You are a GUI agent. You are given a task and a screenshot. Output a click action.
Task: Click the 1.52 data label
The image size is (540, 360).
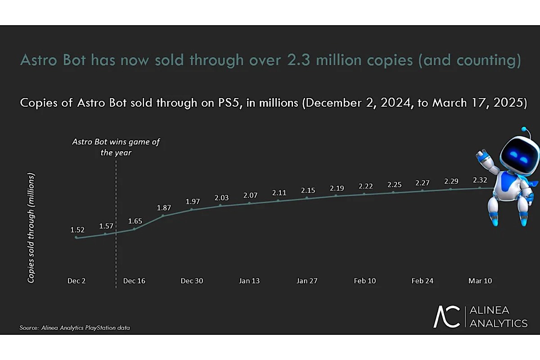pyautogui.click(x=77, y=229)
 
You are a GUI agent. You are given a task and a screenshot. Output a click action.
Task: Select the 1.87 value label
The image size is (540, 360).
pyautogui.click(x=164, y=208)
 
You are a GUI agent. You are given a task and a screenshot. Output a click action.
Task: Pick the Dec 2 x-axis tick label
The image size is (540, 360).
pyautogui.click(x=76, y=281)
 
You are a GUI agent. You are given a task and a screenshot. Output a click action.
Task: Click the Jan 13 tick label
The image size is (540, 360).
pyautogui.click(x=249, y=281)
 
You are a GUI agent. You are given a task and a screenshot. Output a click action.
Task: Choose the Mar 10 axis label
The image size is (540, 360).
pyautogui.click(x=480, y=281)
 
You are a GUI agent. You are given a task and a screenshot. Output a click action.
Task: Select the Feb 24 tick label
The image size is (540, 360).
pyautogui.click(x=423, y=281)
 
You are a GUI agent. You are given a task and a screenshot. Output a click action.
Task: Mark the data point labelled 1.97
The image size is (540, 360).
pyautogui.click(x=192, y=209)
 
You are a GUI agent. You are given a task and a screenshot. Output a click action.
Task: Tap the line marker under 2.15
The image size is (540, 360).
pyautogui.click(x=307, y=198)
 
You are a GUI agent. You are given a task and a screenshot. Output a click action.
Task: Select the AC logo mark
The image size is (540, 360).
pyautogui.click(x=446, y=317)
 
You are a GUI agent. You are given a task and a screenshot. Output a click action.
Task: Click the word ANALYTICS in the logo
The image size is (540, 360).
pyautogui.click(x=498, y=323)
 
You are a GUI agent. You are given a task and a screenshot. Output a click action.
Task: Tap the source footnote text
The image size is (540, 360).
pyautogui.click(x=75, y=328)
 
